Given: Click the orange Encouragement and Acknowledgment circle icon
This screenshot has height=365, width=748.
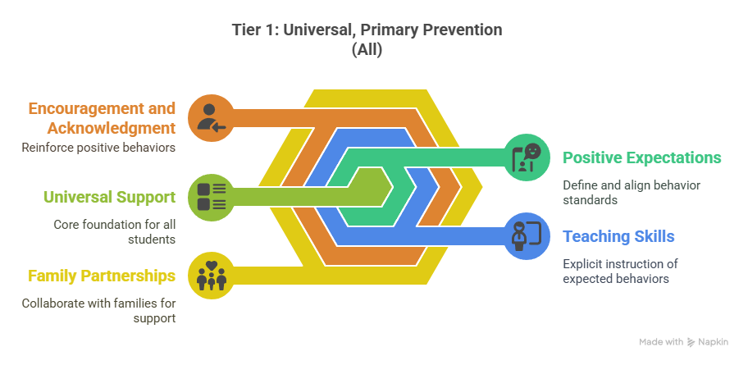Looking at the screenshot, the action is (x=211, y=118).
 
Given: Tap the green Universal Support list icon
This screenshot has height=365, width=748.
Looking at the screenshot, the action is (x=211, y=196).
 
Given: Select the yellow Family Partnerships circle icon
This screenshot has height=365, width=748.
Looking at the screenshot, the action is (x=211, y=276).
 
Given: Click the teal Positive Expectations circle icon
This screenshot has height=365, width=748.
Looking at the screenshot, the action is (x=527, y=157).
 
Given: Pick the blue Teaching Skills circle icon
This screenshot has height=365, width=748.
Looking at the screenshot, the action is (x=527, y=235).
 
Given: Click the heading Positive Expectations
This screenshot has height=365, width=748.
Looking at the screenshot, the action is (x=642, y=158).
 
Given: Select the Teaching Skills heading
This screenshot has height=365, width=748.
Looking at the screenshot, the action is (x=618, y=236).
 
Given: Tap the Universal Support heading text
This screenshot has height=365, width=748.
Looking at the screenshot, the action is (x=110, y=197).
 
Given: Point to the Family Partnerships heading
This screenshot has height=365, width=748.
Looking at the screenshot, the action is (x=102, y=276).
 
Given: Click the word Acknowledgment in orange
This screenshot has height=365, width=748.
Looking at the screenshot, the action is (x=112, y=128).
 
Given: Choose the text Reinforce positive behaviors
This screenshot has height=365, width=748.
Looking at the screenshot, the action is (x=98, y=148).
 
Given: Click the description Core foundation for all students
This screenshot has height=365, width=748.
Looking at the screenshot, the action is (x=115, y=232).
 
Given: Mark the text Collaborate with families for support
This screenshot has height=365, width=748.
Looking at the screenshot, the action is (x=98, y=311).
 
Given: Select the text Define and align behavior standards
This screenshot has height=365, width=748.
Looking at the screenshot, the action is (x=632, y=192).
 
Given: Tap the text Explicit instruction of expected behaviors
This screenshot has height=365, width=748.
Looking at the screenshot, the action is (x=620, y=271).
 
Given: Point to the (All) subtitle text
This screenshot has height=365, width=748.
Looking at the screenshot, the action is (x=367, y=49).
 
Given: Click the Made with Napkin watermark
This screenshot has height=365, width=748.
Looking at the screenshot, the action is (x=683, y=341).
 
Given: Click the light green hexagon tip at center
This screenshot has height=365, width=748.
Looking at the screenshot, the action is (x=392, y=186).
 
